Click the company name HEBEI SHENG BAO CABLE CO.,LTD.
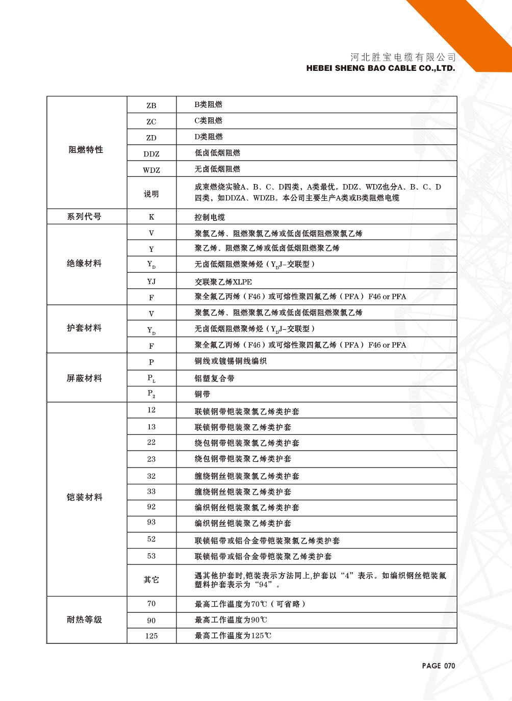[x=380, y=68]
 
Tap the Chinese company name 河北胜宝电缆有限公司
[x=403, y=57]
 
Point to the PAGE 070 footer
[x=438, y=665]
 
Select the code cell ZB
[x=151, y=106]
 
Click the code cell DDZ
[x=151, y=154]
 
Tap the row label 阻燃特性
[x=86, y=150]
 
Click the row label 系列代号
[x=84, y=217]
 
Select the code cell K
[x=151, y=217]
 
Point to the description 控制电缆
[x=210, y=217]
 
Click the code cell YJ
[x=151, y=281]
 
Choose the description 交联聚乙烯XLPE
[x=223, y=282]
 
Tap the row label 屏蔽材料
[x=84, y=378]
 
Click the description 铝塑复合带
[x=214, y=378]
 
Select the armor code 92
[x=151, y=507]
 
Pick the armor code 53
[x=151, y=556]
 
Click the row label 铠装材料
[x=84, y=497]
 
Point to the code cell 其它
[x=151, y=580]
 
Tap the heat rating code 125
[x=151, y=636]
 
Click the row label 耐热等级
[x=84, y=620]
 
